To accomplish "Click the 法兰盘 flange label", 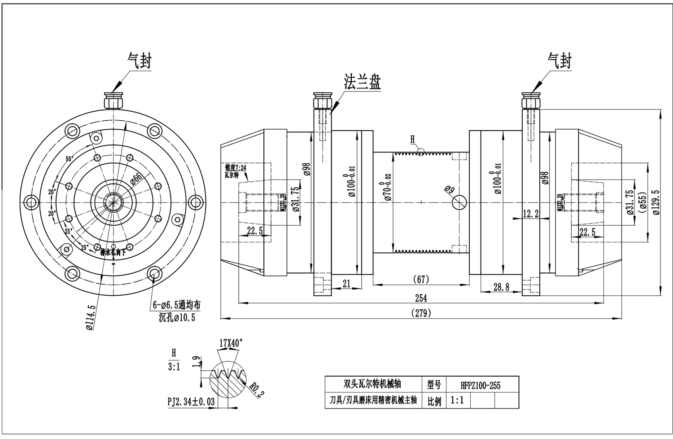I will pos(362,82).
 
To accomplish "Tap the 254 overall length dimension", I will pos(420,298).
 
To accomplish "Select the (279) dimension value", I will pos(420,313).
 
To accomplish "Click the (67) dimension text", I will pos(420,279).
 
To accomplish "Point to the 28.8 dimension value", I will pos(501,287).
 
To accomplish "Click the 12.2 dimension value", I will pos(531,214).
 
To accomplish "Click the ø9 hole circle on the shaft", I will pos(459,202).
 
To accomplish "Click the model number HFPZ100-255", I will pos(480,385).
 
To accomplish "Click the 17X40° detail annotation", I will pos(231,342).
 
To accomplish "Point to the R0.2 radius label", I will pos(256,391).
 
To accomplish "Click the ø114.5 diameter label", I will pos(91,317).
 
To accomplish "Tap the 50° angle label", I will pos(70,159).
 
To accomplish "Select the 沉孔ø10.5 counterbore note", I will pos(177,318).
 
